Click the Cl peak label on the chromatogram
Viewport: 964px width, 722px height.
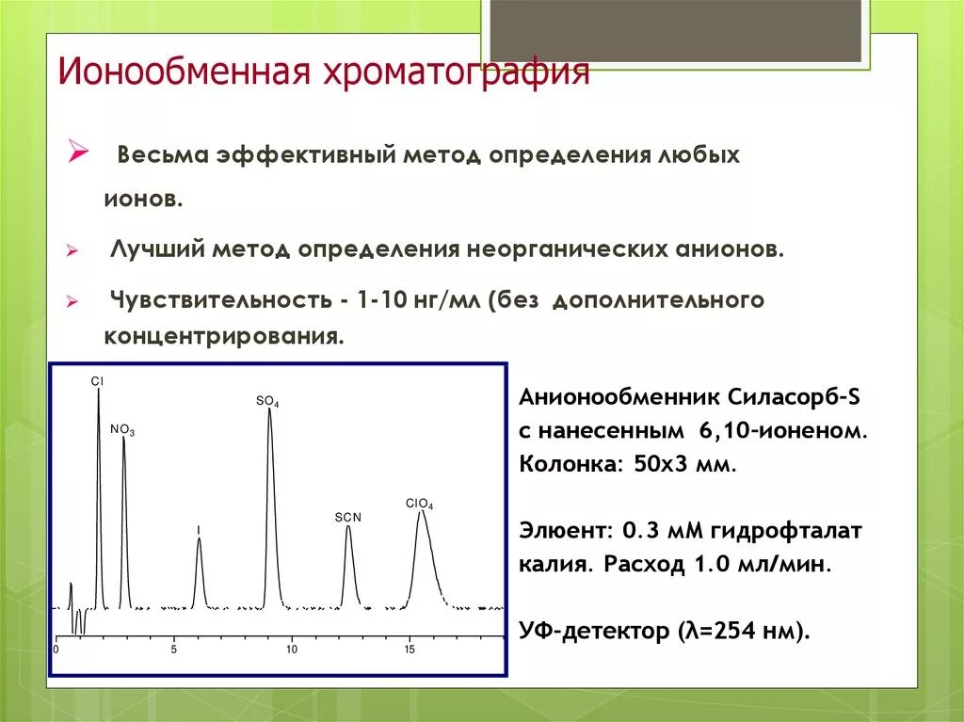pos(97,381)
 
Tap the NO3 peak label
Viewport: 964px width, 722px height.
pos(122,430)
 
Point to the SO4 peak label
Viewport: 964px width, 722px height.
pos(267,401)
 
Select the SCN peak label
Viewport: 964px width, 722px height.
pos(348,518)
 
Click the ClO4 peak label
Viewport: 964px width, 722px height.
pos(420,505)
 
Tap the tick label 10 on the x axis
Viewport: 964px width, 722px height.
pos(292,650)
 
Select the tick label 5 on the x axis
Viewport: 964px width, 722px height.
pos(173,650)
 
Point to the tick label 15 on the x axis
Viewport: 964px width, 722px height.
pos(410,650)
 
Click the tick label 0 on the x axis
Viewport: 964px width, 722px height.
pos(56,650)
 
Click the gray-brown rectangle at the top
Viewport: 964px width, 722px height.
pos(675,31)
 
